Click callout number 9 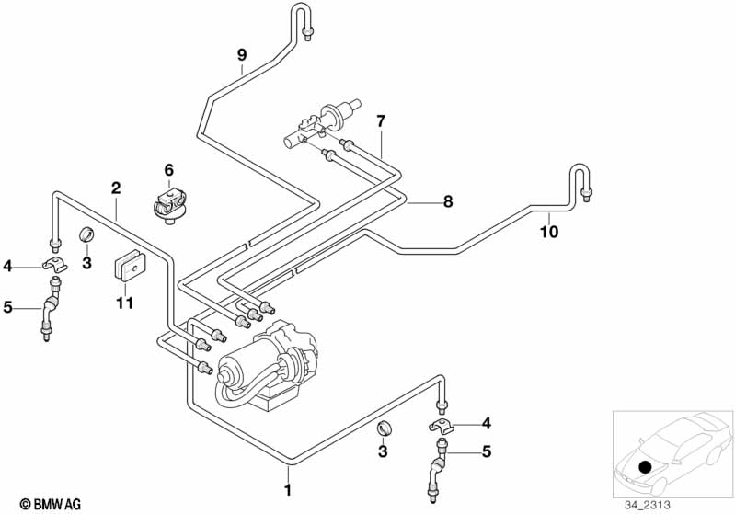tap(242, 55)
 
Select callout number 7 tap(380, 120)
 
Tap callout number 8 tap(448, 202)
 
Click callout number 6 tap(168, 170)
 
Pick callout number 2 tap(116, 188)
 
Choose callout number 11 tap(125, 302)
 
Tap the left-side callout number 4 tap(7, 267)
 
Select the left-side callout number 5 tap(7, 308)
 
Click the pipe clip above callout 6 tap(169, 203)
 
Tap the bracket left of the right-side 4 tap(442, 427)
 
